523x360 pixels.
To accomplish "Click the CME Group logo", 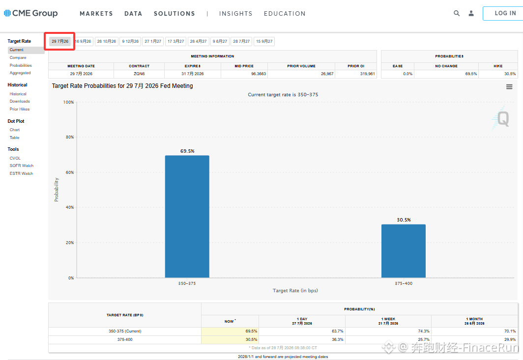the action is pos(30,13).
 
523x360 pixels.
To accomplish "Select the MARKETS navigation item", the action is pos(96,14).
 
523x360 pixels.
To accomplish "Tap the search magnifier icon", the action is pos(457,13).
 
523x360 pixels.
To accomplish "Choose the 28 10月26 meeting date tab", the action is pos(107,41).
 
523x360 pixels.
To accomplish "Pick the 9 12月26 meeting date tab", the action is pos(130,41).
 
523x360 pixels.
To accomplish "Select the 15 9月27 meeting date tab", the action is pos(264,41).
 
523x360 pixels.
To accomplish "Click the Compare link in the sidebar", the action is pos(18,57).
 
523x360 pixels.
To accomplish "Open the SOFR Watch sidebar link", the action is pos(22,166).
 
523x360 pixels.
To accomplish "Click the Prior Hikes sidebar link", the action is pos(20,109).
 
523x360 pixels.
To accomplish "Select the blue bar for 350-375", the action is pos(187,216).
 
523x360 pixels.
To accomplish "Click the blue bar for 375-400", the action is pos(404,251).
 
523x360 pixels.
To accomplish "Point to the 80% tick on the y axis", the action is pos(70,137).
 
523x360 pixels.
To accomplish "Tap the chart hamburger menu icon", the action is pos(509,86).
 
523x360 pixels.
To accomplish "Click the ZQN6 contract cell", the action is pos(139,74).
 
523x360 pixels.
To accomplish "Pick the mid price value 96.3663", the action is pos(259,74).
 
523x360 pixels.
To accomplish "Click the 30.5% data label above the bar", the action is pos(404,220).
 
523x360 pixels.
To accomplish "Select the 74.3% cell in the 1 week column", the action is pos(424,331).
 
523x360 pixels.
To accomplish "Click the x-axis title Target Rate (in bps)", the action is pos(295,291).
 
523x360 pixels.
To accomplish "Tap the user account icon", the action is pos(471,13).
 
